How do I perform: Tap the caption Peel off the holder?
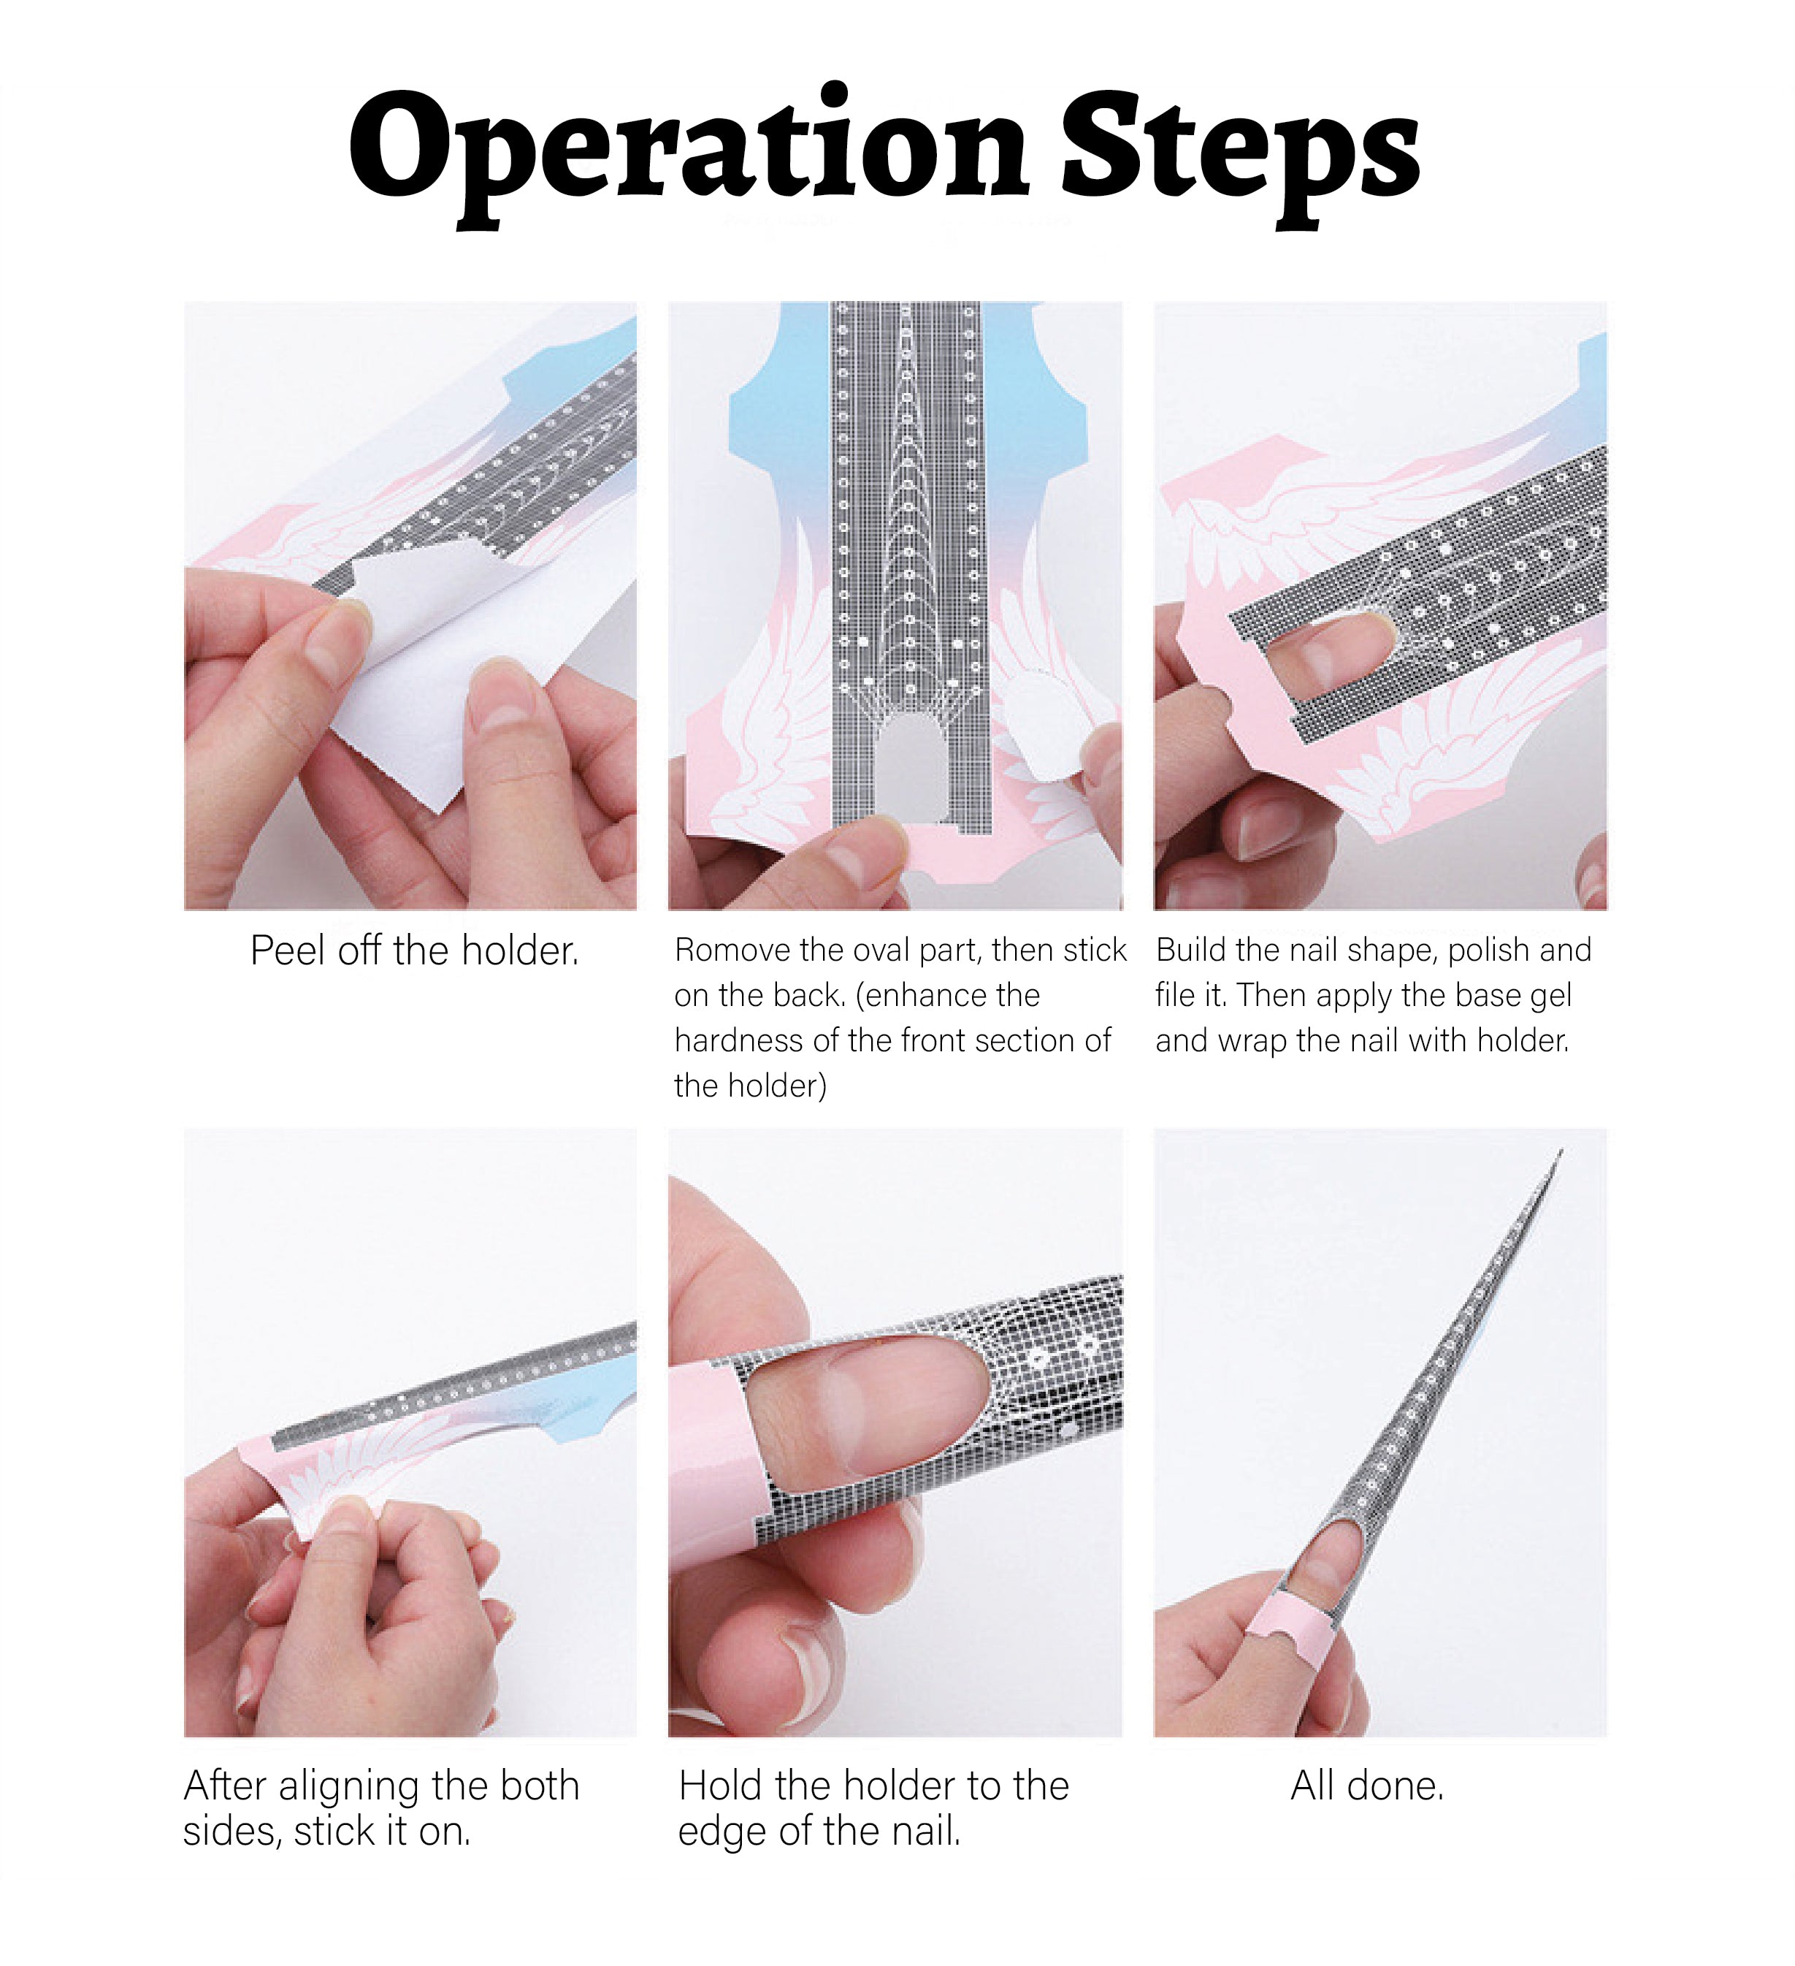pos(414,950)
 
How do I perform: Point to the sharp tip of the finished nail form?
pos(1561,1151)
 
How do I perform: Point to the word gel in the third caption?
pos(1550,996)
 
